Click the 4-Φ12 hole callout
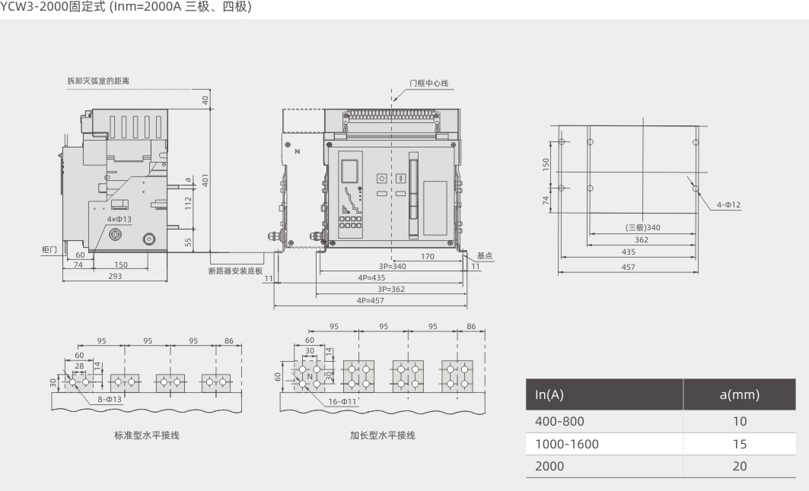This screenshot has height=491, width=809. coord(728,204)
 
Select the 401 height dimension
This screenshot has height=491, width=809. coord(205,180)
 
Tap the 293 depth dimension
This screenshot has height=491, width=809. coord(115,276)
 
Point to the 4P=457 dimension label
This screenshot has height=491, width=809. coord(370,300)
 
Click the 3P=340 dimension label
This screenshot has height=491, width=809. coord(392,266)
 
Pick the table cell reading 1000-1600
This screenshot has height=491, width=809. coord(566,444)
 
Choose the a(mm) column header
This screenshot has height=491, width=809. coord(739,394)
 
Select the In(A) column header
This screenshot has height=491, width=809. coord(549,394)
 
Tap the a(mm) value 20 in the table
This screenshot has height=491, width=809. coord(739,466)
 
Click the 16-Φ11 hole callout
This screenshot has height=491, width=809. coord(342,401)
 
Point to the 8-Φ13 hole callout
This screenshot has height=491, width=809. coord(110,399)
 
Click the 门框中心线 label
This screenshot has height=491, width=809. coord(428,83)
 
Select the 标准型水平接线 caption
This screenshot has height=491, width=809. coord(147,436)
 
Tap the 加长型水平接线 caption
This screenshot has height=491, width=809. coord(382,436)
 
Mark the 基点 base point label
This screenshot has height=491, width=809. coord(485,255)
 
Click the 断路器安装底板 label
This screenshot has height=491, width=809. coord(235,271)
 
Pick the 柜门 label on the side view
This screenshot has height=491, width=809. coord(49,250)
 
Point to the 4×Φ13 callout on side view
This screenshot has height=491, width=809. coord(119,219)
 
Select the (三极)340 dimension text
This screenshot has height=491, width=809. coord(642,227)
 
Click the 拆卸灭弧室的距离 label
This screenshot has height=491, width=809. coord(98,81)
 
